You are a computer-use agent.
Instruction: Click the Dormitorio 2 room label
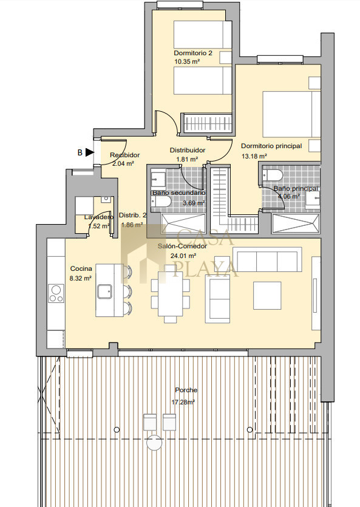pos(193,53)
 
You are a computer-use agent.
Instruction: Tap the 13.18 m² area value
pos(254,156)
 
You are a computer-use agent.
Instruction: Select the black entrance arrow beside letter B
pos(90,152)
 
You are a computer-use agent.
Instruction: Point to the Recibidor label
pos(124,155)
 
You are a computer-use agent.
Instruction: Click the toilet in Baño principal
pos(273,175)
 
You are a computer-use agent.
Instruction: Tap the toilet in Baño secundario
pos(161,202)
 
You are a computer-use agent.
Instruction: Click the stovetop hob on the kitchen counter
pos(56,293)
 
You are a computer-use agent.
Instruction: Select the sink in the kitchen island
pos(104,291)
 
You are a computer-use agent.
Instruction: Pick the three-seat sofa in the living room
pos(267,259)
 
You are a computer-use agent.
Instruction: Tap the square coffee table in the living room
pos(267,296)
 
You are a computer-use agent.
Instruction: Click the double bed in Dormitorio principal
pos(291,114)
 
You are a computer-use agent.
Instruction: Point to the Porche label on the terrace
pos(186,390)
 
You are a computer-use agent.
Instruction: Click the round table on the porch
pos(154,443)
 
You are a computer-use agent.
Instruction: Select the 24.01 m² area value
pos(183,256)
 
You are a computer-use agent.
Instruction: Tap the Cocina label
pos(81,268)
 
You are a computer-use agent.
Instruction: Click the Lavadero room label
pos(99,217)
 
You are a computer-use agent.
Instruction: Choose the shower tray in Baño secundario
pos(183,223)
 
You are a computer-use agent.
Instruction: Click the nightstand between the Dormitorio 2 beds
pos(226,57)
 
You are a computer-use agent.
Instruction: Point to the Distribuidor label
pos(188,151)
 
